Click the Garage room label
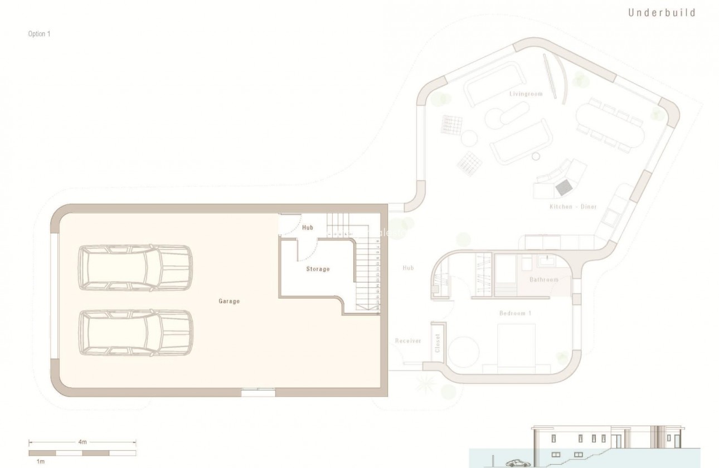(229, 301)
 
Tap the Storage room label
(318, 269)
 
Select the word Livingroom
(526, 94)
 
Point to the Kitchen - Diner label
(573, 207)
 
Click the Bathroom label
(543, 280)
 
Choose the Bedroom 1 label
(515, 314)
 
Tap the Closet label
(438, 343)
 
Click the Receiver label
(408, 341)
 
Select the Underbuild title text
(662, 13)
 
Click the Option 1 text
(40, 34)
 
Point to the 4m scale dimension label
(82, 442)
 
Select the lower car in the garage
(135, 333)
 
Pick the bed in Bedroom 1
(516, 348)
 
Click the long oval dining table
(610, 125)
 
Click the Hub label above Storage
(308, 228)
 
